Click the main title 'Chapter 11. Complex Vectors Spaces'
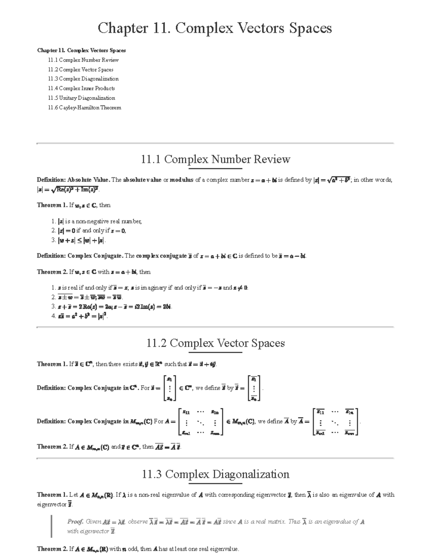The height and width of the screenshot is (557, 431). click(215, 28)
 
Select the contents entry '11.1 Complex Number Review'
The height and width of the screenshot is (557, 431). click(83, 60)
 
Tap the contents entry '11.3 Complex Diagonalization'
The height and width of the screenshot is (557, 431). click(83, 79)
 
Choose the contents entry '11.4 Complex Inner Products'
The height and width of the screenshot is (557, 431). click(82, 88)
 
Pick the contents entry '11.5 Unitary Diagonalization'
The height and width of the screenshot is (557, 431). click(82, 98)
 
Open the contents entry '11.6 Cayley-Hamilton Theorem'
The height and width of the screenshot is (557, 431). click(85, 108)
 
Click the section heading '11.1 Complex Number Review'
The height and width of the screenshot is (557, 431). click(215, 159)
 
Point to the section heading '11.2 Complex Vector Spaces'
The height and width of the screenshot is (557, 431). click(215, 343)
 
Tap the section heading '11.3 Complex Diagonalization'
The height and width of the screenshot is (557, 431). click(215, 475)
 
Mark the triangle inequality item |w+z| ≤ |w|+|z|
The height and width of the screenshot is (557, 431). click(82, 241)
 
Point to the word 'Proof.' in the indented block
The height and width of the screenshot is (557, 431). click(75, 522)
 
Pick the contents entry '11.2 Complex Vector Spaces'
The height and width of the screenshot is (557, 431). click(81, 70)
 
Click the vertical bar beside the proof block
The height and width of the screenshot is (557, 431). click(52, 526)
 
